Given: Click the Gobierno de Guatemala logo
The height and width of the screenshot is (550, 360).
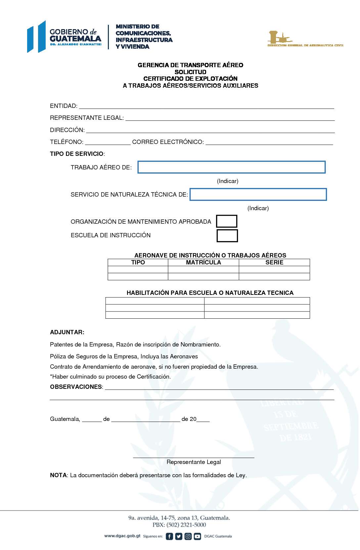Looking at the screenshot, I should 65,37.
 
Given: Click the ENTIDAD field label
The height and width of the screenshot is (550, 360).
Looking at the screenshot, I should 64,106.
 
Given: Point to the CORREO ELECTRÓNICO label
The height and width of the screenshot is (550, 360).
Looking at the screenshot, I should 168,142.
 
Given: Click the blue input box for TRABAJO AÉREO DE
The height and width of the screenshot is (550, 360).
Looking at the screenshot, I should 231,167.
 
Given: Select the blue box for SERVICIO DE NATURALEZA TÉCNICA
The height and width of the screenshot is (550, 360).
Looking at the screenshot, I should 258,194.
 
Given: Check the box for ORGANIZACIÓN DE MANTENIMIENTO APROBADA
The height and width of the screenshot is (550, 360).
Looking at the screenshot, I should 227,221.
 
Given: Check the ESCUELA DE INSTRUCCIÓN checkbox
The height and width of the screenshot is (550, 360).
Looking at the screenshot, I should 227,236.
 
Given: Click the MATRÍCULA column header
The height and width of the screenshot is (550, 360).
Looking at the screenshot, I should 203,262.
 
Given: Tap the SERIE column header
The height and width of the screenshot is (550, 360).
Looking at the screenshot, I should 274,262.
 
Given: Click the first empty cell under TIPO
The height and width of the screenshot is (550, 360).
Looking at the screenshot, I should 138,269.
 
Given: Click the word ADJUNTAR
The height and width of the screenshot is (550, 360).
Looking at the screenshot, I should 67,332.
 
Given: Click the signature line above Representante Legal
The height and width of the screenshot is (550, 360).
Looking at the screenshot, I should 194,457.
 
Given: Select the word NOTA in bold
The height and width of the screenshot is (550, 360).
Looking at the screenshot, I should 58,475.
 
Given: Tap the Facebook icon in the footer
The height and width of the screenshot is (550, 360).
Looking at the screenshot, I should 169,536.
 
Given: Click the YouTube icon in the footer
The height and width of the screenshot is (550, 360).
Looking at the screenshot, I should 198,536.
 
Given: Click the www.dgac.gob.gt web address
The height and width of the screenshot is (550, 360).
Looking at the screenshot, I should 122,536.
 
